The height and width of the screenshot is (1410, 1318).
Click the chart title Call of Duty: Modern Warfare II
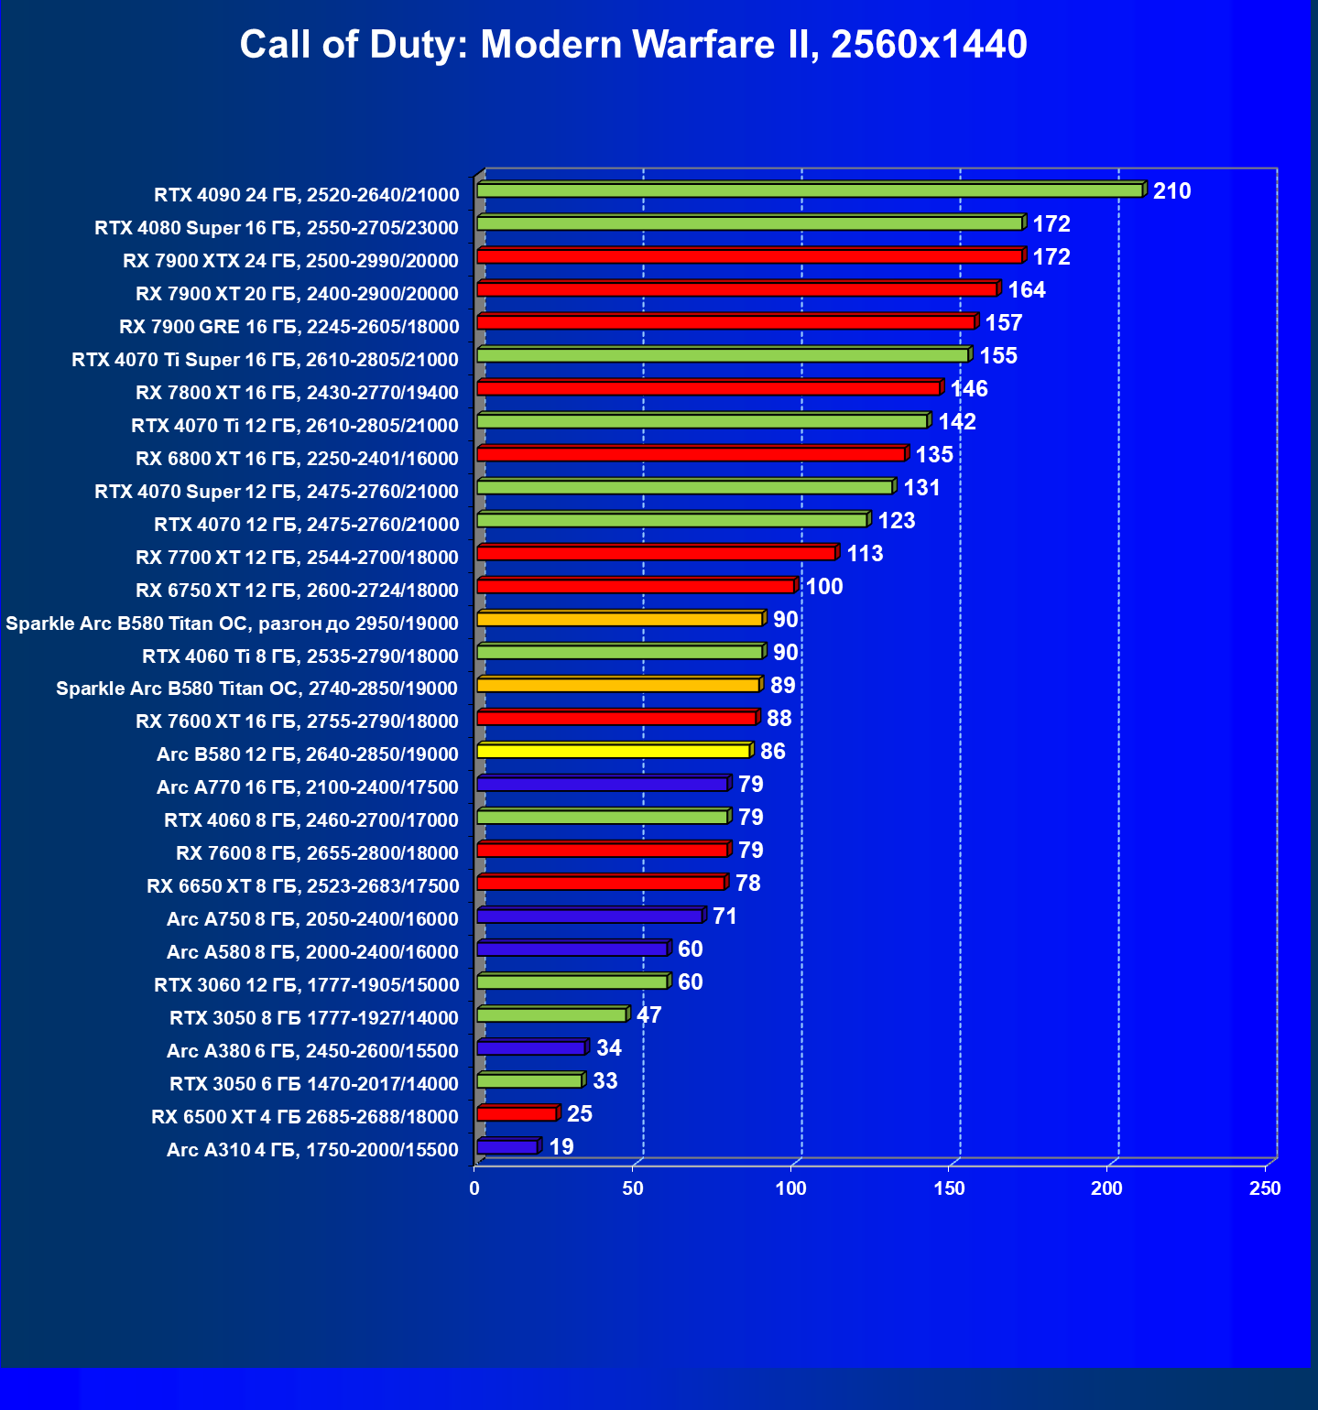pos(633,44)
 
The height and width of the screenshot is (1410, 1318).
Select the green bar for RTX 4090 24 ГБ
pos(810,190)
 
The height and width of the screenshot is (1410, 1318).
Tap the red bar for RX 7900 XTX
pos(749,256)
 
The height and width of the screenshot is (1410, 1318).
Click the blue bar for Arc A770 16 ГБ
pos(603,785)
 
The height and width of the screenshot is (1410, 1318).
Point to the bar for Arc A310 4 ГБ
pos(507,1147)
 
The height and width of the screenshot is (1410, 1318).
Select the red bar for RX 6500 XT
pos(517,1114)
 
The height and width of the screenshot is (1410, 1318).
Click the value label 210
pos(1171,191)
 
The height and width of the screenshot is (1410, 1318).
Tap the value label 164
pos(1026,290)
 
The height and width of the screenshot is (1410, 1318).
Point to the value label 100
pos(823,587)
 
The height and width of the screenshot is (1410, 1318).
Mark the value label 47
pos(648,1015)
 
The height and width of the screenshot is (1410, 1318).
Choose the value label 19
pos(561,1147)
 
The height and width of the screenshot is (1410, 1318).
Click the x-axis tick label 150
pos(949,1188)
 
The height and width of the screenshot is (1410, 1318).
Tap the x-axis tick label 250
pos(1265,1188)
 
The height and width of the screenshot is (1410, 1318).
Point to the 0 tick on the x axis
pos(474,1188)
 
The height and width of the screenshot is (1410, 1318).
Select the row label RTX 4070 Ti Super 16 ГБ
pos(265,360)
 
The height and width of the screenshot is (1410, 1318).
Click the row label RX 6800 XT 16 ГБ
pos(297,459)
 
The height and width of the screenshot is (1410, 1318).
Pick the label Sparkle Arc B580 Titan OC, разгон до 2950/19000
pos(232,624)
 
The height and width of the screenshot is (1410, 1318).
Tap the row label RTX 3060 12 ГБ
pos(306,985)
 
